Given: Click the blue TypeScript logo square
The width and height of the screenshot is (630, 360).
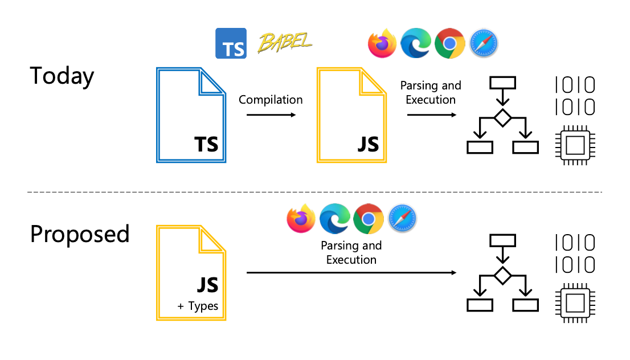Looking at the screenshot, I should point(231,43).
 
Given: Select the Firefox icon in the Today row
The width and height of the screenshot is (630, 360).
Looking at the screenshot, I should point(382,44).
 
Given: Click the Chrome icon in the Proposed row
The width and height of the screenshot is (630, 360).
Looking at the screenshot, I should point(368,219).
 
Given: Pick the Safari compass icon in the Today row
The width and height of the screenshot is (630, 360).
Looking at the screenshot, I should point(484,44).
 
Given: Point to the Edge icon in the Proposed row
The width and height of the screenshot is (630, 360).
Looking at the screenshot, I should point(334,219).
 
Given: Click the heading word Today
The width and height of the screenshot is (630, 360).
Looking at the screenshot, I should point(62,76).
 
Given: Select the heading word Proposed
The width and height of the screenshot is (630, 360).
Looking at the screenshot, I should point(80,234).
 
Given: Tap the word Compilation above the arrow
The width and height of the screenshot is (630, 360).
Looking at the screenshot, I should point(271,100).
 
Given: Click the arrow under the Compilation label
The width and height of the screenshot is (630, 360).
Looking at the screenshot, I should point(271,115).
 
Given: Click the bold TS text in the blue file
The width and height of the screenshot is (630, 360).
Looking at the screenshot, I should point(206,144).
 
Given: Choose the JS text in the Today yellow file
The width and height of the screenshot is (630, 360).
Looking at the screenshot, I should point(368,144).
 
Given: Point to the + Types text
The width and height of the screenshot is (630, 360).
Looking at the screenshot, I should point(198,306).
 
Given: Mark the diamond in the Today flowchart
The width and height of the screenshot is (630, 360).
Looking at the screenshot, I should point(502,118).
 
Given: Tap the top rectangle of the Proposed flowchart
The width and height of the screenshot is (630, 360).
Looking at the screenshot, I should point(502,240).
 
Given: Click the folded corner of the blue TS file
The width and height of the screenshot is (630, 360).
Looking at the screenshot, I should point(212,83).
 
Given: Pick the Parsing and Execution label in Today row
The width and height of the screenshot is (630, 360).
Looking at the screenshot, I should point(431,93).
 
